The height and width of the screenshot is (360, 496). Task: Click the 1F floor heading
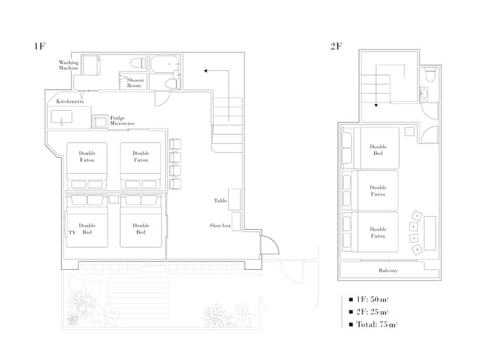[40, 46]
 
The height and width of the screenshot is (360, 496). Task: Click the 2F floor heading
[336, 46]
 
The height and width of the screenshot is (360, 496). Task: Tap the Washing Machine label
[69, 65]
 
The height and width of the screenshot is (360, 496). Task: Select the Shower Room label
[134, 83]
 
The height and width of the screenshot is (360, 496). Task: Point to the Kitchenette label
[70, 101]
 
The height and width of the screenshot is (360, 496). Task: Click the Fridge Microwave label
[122, 120]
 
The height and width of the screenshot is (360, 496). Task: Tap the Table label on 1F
[220, 201]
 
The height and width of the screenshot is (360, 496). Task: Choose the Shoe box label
[220, 226]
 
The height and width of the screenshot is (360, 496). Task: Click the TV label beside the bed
[72, 233]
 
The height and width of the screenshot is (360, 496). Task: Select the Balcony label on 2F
[388, 271]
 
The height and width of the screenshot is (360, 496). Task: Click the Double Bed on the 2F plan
[376, 148]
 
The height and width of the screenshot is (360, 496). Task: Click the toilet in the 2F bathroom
[430, 74]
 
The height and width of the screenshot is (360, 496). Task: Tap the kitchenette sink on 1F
[61, 116]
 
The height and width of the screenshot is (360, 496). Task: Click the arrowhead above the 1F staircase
[205, 71]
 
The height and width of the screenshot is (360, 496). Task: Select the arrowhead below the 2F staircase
[376, 105]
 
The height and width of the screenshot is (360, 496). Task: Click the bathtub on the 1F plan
[165, 64]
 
